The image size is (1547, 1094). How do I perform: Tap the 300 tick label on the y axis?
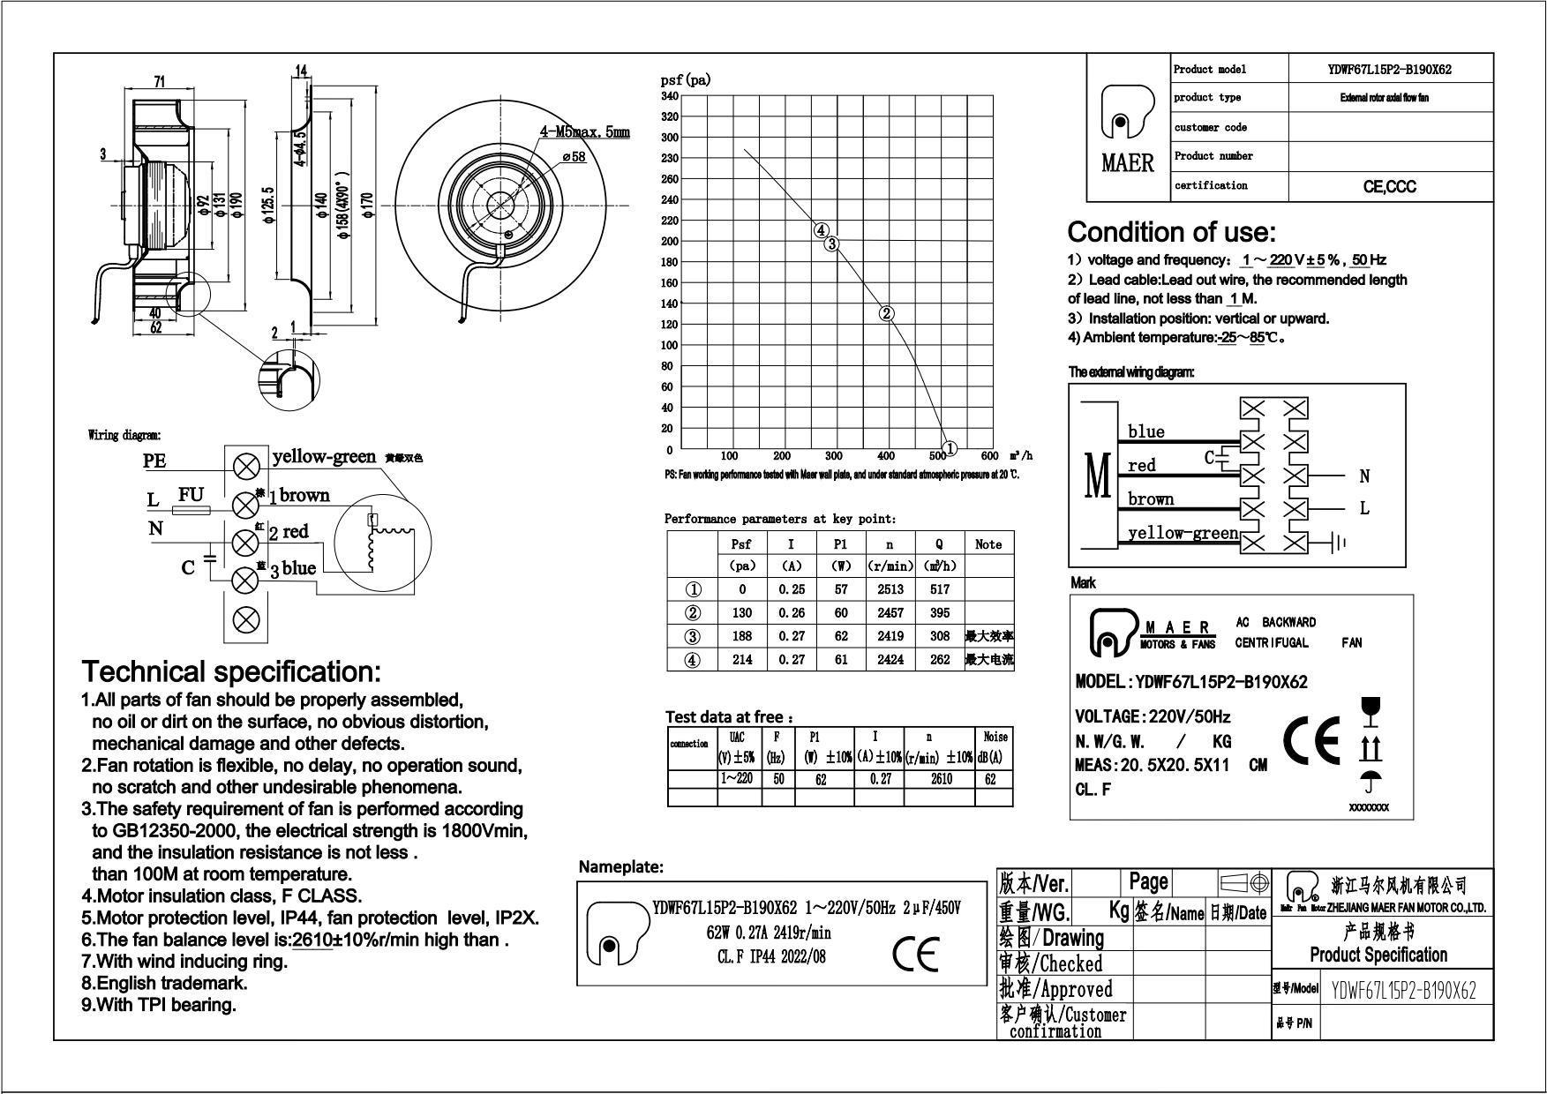[x=672, y=138]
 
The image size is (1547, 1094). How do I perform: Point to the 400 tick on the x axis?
[x=886, y=456]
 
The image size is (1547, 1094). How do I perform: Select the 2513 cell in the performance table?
[x=890, y=589]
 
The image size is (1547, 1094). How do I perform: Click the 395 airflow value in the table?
[x=940, y=612]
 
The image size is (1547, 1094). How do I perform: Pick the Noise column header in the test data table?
[x=995, y=737]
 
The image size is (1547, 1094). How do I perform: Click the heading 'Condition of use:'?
[x=1171, y=232]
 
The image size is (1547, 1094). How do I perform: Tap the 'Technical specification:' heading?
[x=231, y=671]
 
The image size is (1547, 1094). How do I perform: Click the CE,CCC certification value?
[x=1390, y=186]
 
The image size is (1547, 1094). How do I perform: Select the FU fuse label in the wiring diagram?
[x=191, y=495]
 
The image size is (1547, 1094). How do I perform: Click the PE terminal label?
[x=154, y=461]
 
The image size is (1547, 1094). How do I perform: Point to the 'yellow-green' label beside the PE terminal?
[x=324, y=456]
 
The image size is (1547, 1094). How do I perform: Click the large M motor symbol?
[x=1097, y=477]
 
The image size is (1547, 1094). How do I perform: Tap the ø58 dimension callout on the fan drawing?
[x=573, y=157]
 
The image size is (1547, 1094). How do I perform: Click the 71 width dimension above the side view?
[x=160, y=82]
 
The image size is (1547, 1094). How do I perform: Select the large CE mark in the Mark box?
[x=1310, y=741]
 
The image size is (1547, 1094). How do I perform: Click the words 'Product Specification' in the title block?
[x=1378, y=955]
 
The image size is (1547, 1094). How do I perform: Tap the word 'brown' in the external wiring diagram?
[x=1151, y=499]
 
